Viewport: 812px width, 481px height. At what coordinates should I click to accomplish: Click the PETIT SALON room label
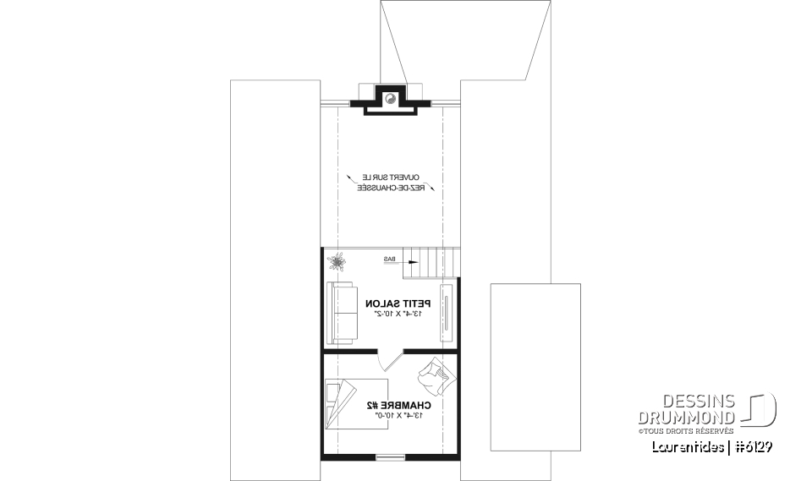pyautogui.click(x=398, y=303)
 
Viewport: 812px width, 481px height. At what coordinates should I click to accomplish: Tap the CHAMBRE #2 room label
pyautogui.click(x=395, y=405)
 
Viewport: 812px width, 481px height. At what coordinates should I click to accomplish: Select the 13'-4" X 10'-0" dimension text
pyautogui.click(x=395, y=416)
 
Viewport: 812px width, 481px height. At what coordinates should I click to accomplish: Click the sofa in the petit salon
pyautogui.click(x=342, y=313)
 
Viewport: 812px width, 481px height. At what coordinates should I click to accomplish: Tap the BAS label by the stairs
pyautogui.click(x=390, y=258)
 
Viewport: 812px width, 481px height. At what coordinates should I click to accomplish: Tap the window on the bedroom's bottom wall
pyautogui.click(x=390, y=457)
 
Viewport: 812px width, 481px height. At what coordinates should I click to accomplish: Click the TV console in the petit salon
pyautogui.click(x=447, y=313)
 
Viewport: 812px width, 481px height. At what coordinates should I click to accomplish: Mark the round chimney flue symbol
pyautogui.click(x=391, y=98)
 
